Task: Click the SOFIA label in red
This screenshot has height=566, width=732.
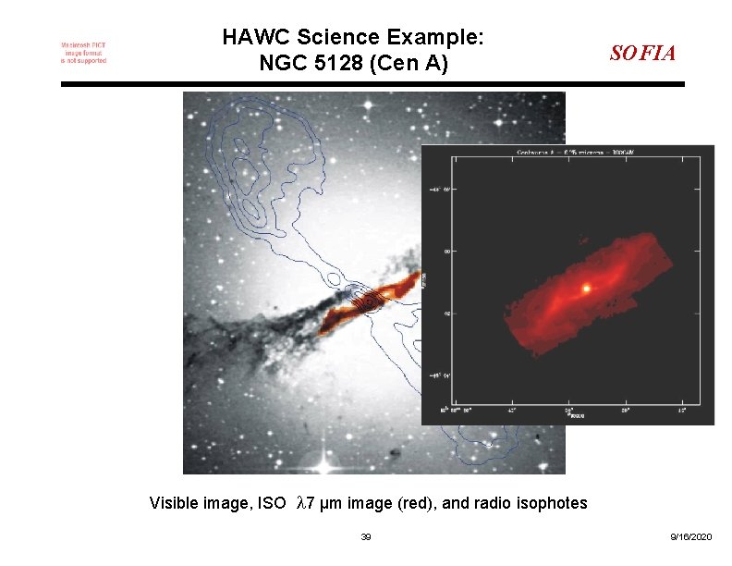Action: click(x=642, y=53)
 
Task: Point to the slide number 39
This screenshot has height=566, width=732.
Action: click(x=366, y=537)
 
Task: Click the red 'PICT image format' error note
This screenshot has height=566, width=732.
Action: click(x=83, y=53)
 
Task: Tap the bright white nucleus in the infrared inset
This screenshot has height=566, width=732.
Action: click(x=586, y=289)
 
